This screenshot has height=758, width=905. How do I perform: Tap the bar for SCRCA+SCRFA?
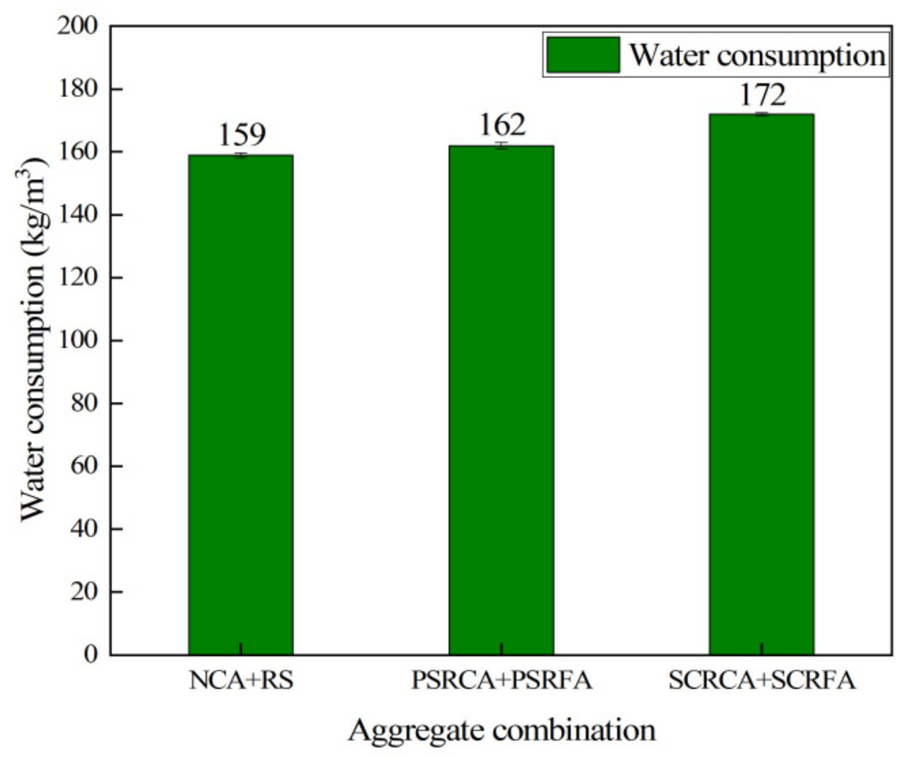(761, 384)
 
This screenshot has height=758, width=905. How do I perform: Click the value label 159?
(242, 134)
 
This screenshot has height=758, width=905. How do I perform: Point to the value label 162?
(502, 125)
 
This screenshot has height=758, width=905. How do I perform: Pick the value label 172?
(762, 95)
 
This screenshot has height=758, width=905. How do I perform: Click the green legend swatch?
(583, 55)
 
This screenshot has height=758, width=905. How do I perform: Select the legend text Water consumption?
(757, 55)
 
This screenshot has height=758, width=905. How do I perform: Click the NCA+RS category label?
(241, 681)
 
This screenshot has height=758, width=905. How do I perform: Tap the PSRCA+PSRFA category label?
(501, 681)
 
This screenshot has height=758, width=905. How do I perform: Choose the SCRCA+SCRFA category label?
(762, 681)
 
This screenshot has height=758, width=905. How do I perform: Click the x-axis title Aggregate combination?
(501, 731)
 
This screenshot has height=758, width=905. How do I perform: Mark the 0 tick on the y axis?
(92, 654)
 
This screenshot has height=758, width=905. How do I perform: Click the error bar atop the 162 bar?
(501, 146)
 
